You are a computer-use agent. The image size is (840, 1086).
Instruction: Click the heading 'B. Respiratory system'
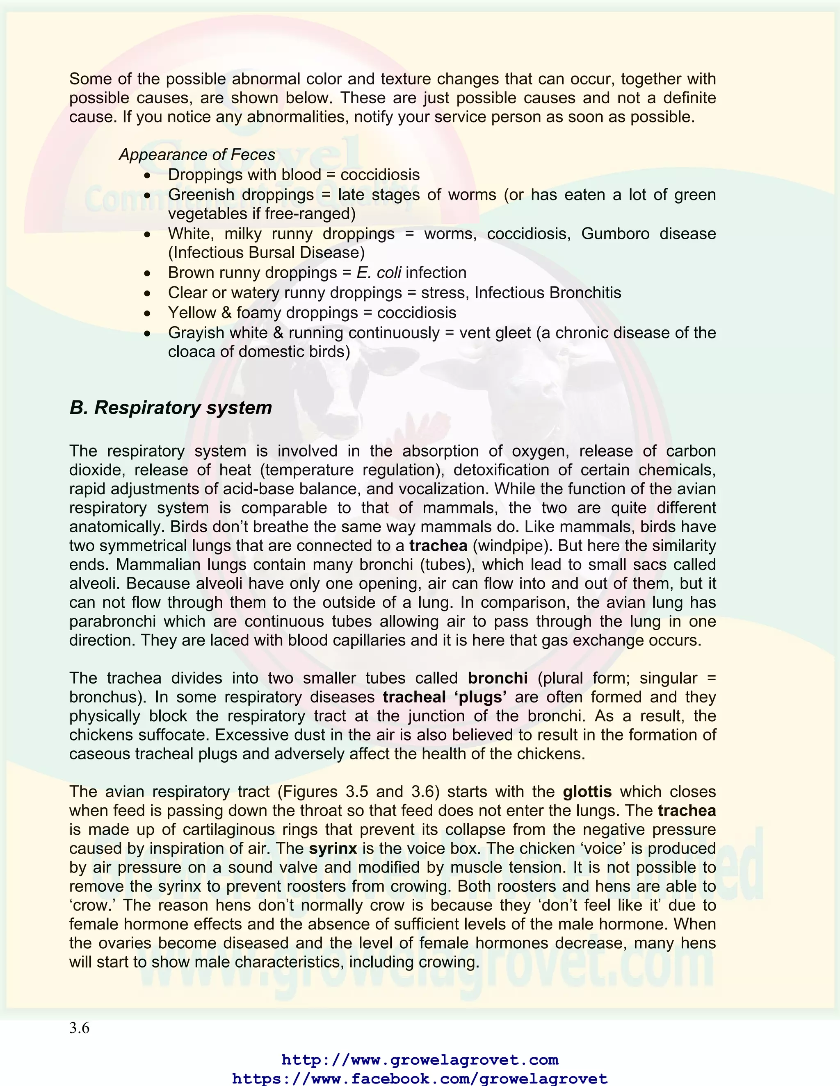tap(171, 408)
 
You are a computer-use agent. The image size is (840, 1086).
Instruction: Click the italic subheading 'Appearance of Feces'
tap(196, 154)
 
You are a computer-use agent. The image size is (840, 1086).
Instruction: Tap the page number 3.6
tap(79, 1028)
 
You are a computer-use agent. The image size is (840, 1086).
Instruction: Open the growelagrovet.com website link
tap(420, 1060)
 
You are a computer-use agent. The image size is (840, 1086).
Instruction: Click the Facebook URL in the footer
tap(420, 1078)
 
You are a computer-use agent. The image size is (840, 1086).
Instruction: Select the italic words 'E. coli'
tap(379, 273)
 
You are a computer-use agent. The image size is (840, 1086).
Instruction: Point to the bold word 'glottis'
tap(587, 792)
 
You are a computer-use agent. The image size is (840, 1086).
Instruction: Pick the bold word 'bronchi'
tap(498, 678)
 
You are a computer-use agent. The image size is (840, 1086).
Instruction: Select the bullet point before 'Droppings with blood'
tap(147, 175)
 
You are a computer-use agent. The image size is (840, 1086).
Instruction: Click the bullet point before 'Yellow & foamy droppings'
tap(147, 313)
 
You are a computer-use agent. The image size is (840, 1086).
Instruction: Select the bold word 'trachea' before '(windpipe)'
tap(438, 546)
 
